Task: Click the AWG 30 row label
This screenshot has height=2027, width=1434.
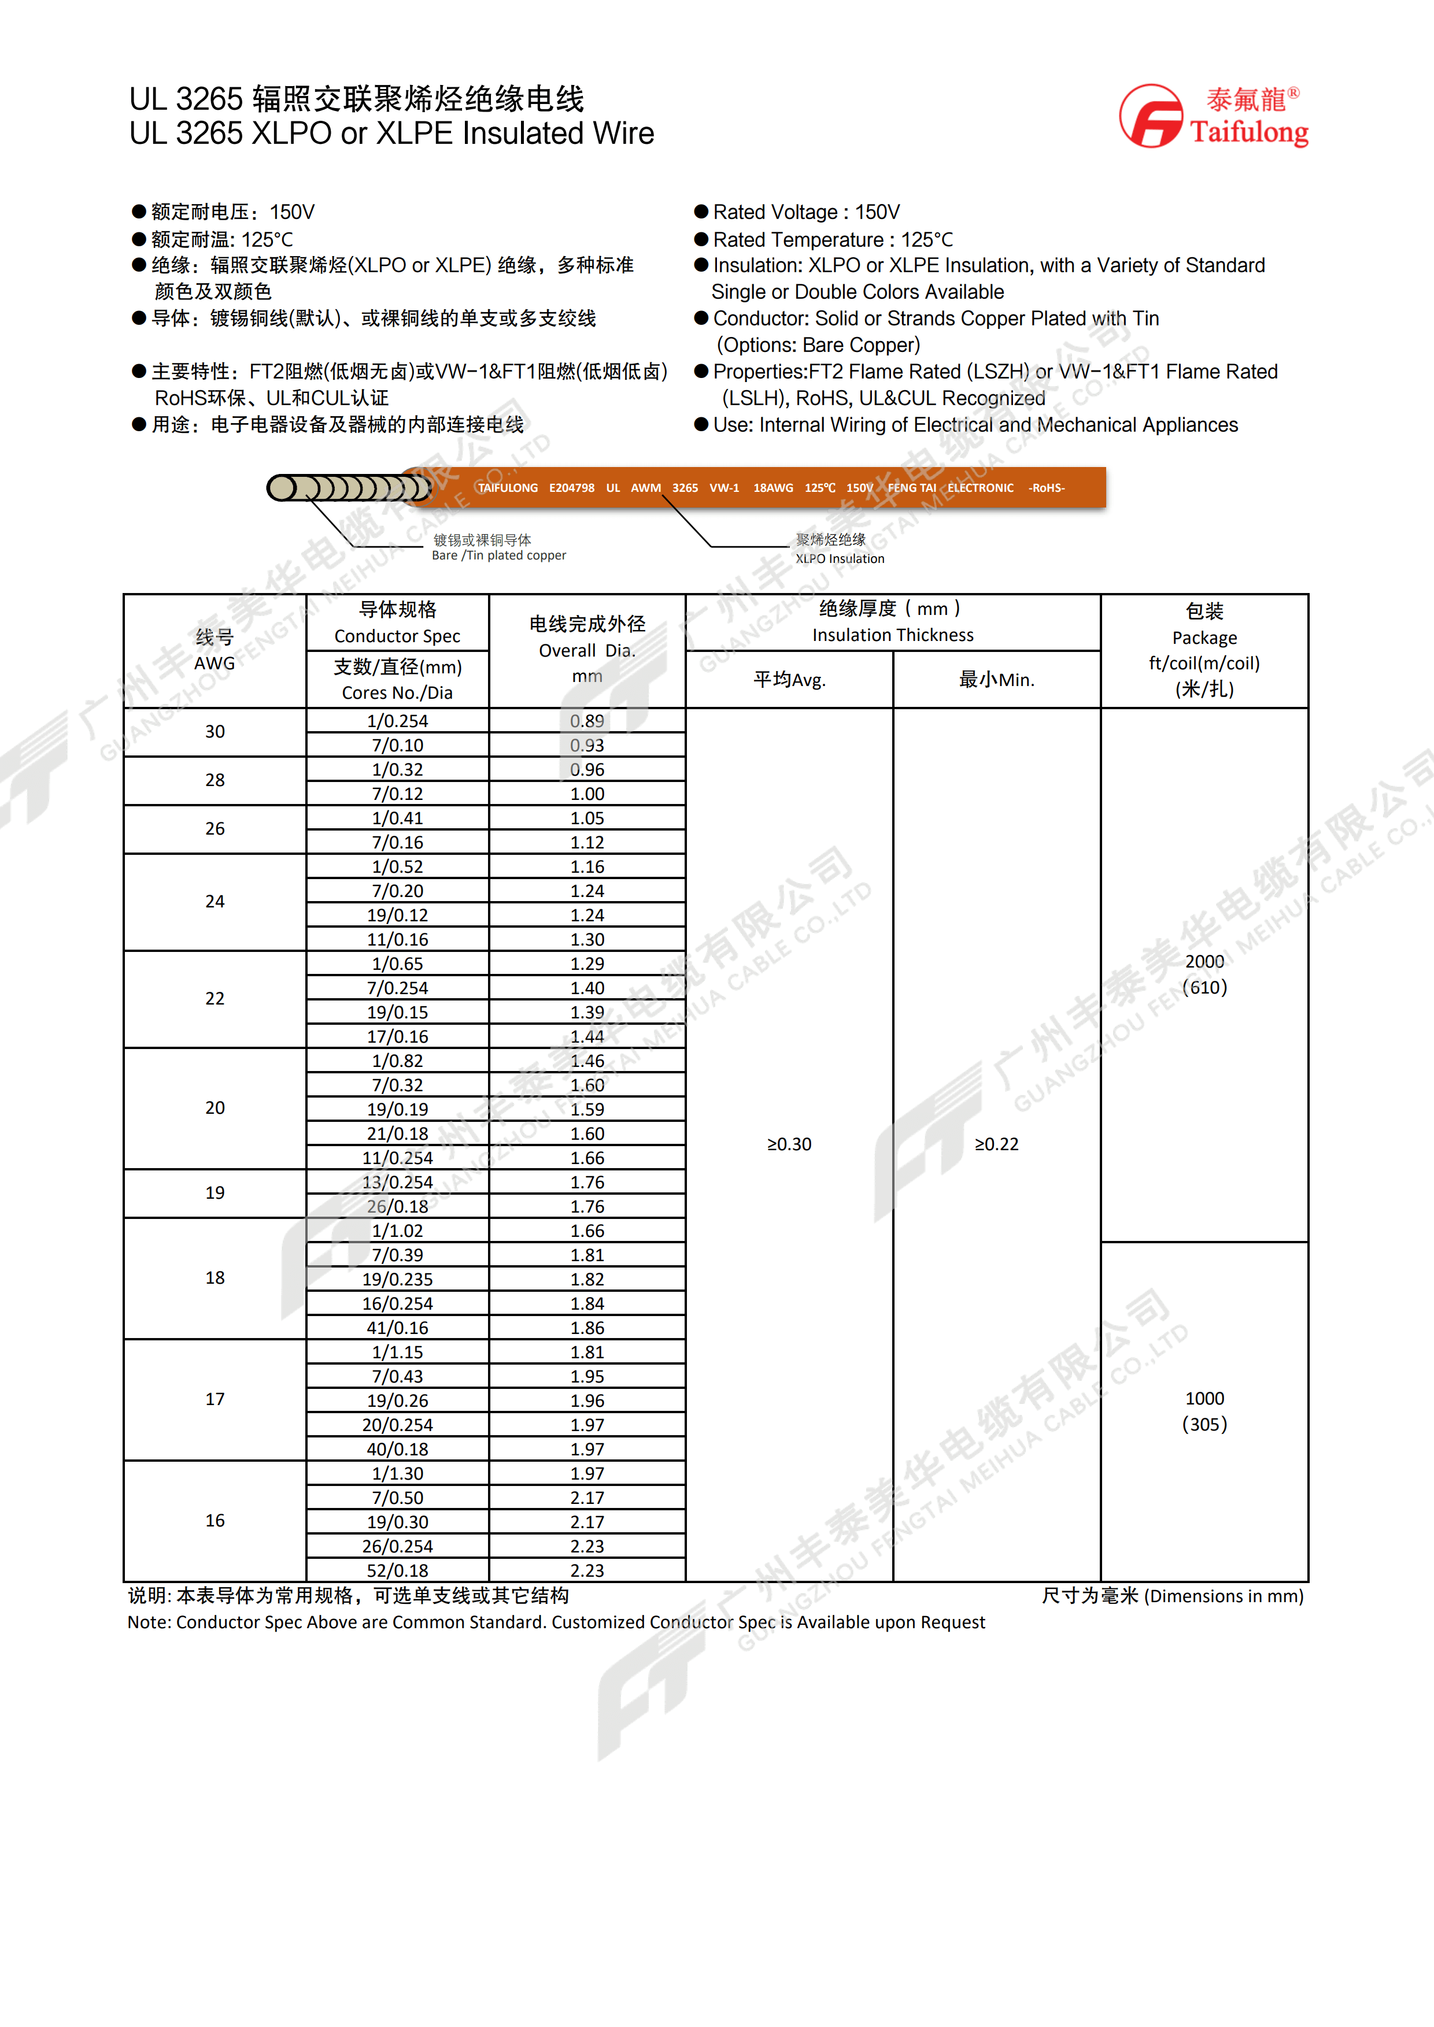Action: pos(215,732)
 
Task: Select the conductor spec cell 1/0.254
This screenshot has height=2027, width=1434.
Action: pos(397,721)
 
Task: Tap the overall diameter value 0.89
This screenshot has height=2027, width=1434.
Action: pos(587,721)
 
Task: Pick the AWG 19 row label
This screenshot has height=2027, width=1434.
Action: pos(215,1193)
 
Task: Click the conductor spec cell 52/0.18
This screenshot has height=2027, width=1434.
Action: pos(397,1570)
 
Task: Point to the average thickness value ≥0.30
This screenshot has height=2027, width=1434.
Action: pos(789,1144)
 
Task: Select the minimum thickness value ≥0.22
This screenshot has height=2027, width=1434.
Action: pos(996,1144)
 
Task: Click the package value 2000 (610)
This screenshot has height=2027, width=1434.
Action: pos(1204,974)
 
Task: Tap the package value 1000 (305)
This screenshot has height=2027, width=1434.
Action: pos(1204,1411)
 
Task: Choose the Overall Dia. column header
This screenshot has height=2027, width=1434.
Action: pos(587,650)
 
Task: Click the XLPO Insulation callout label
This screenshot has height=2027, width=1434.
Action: pos(839,549)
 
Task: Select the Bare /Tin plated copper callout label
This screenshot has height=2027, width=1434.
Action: pos(499,547)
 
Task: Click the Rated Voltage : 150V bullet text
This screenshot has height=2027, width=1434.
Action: pos(806,212)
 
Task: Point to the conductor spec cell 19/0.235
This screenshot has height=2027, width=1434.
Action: pos(397,1279)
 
